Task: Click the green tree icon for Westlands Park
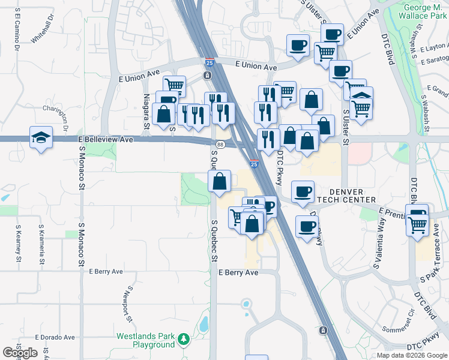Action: tap(184, 341)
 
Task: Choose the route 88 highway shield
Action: tap(220, 144)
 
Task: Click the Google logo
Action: tap(20, 352)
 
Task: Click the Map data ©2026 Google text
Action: tap(411, 355)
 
